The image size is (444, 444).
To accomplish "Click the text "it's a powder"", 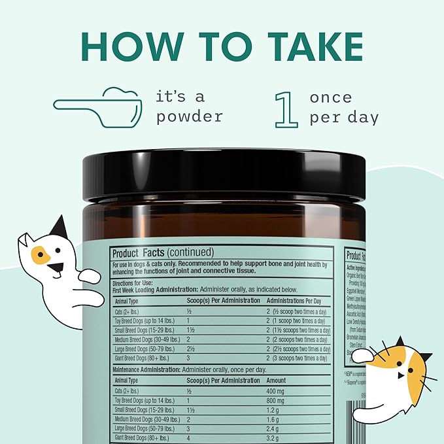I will (190, 107).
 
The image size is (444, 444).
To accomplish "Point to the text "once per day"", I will (344, 107).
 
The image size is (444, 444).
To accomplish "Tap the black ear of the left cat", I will (60, 227).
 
